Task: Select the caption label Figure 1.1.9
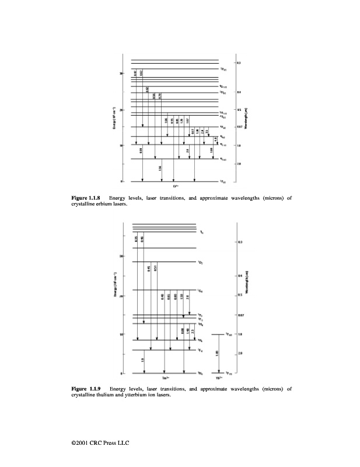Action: pos(85,388)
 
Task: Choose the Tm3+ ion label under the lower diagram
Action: pos(166,377)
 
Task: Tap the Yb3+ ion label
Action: pos(218,377)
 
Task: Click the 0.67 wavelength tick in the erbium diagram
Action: pos(239,127)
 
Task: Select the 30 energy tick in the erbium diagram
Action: pos(121,74)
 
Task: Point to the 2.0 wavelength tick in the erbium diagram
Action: pos(239,164)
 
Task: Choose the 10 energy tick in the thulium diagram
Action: pos(121,334)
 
